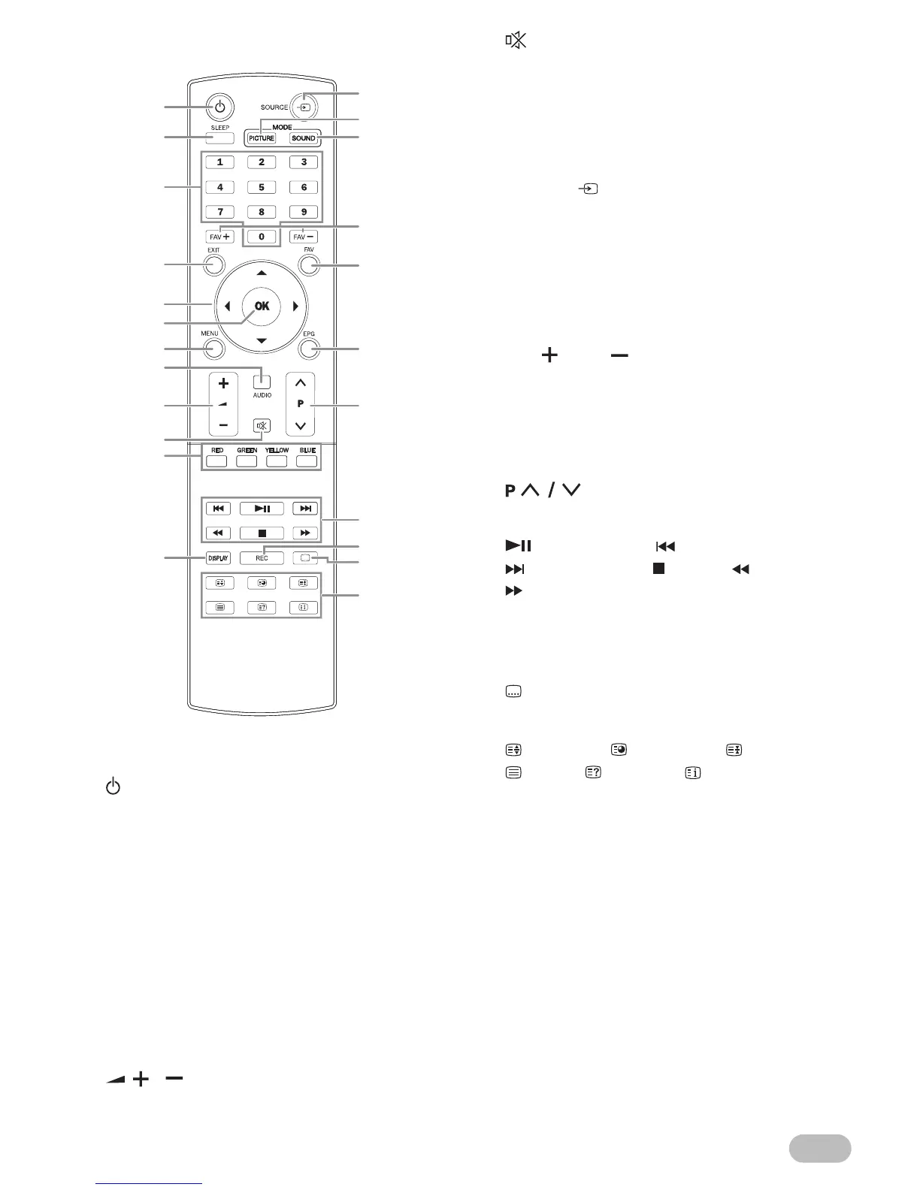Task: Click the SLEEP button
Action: [219, 138]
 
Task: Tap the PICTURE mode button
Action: [262, 138]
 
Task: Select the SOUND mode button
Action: [304, 138]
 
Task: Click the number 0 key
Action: [262, 237]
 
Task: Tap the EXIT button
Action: [214, 265]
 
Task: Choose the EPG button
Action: [308, 349]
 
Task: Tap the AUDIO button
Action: [262, 380]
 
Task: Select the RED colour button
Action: [216, 461]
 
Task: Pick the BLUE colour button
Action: [307, 461]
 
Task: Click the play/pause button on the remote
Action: [262, 509]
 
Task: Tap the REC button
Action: [262, 558]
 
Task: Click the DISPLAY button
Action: [218, 558]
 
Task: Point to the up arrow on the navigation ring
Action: [262, 273]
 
